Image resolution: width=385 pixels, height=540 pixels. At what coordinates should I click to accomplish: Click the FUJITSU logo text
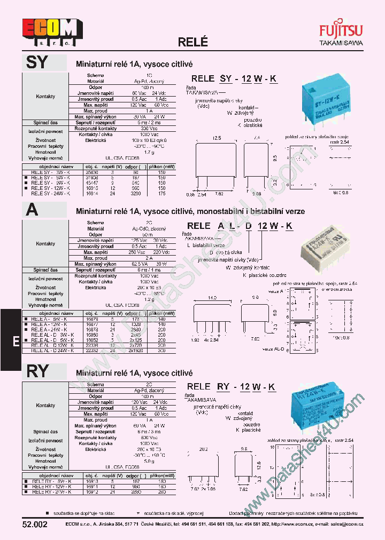[341, 30]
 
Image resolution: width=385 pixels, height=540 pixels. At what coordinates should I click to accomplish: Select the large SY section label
[37, 63]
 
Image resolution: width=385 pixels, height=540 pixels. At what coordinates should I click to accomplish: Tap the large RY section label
[37, 371]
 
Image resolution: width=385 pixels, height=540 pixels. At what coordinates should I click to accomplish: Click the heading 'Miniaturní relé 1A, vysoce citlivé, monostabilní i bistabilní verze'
[190, 211]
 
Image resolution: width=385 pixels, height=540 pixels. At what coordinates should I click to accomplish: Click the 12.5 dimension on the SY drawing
[216, 138]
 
